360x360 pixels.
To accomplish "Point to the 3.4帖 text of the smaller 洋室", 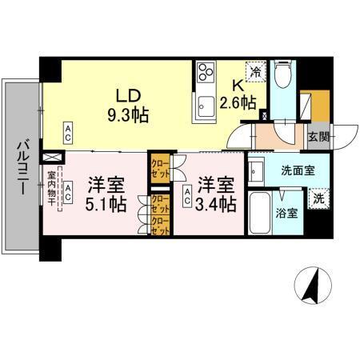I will (x=217, y=204).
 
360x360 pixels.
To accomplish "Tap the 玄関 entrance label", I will (x=318, y=137).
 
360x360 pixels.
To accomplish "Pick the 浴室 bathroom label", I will (x=286, y=214).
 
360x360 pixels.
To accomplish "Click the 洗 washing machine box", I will (x=318, y=198).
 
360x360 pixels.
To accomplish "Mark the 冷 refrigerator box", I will (x=254, y=71).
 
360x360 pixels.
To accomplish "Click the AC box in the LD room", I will (x=69, y=129).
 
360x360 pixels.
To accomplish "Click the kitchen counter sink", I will (x=206, y=103).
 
